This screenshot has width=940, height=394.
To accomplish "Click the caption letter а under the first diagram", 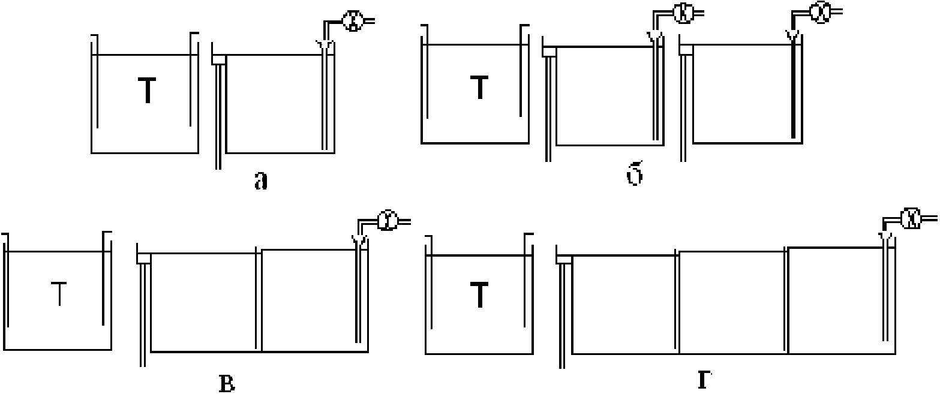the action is pos(260,181).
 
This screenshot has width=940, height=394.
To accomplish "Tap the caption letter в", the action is pos(226,383).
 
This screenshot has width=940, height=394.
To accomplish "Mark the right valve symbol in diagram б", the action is pos(818,12).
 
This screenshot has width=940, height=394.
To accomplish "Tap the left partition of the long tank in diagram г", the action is pos(678,303).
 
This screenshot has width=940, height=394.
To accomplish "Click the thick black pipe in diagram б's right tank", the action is pos(794,90).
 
